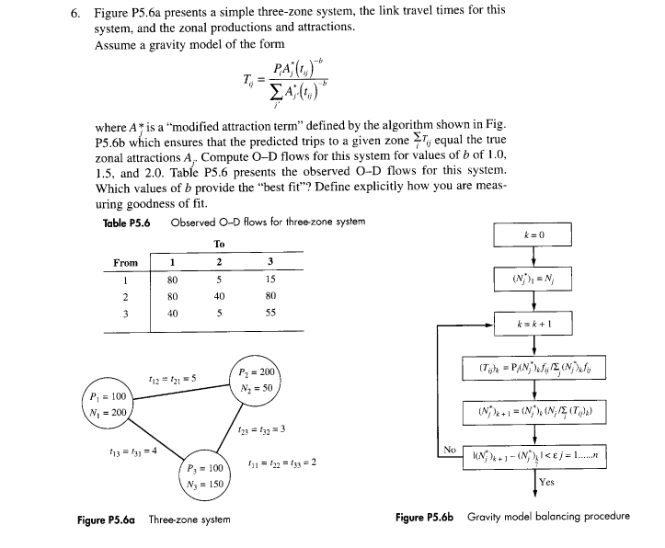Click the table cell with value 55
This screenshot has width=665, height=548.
[269, 313]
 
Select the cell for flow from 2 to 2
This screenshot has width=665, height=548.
[218, 296]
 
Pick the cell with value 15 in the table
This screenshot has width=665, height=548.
[269, 280]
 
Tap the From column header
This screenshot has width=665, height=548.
[125, 263]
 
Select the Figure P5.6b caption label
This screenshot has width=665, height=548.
[426, 517]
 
